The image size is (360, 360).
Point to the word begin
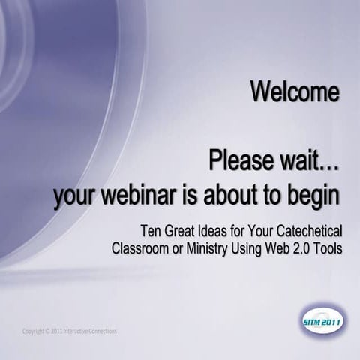tap(313, 196)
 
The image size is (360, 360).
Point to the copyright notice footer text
tap(70, 331)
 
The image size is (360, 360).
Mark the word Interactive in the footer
tap(79, 331)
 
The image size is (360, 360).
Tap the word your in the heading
tap(78, 196)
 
